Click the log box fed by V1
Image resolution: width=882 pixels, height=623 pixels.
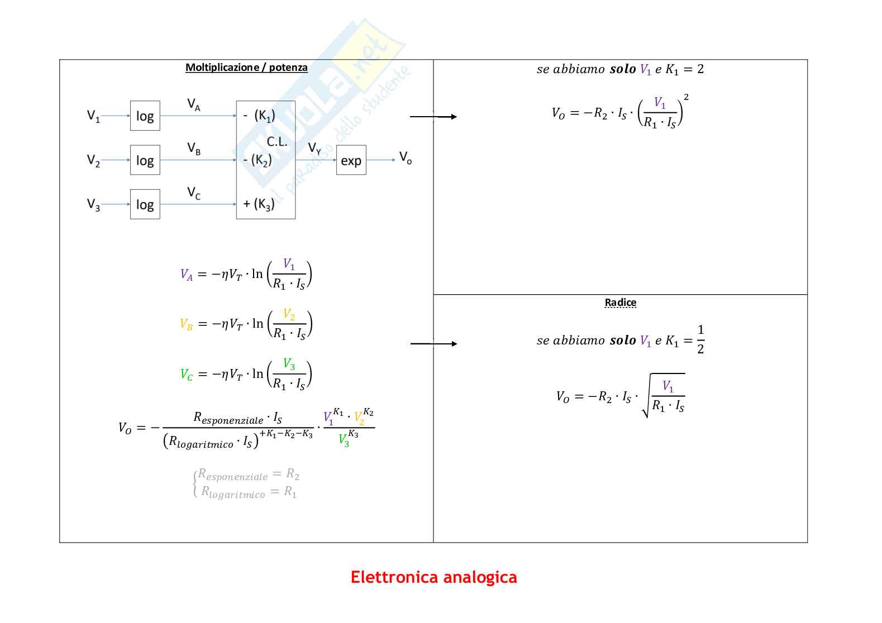coord(145,116)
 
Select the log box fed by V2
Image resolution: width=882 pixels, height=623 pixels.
coord(145,160)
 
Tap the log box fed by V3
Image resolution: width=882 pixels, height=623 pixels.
coord(145,204)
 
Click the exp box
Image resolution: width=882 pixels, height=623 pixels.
coord(351,160)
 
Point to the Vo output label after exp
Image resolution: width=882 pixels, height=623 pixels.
coord(405,157)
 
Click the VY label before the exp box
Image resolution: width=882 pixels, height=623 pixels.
coord(314,148)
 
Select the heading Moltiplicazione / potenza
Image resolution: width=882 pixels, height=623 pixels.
coord(246,68)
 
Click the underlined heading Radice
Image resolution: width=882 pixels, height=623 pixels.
coord(620,303)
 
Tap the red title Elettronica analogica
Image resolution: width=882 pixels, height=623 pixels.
coord(433,577)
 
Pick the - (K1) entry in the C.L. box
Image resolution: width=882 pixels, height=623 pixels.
coord(259,116)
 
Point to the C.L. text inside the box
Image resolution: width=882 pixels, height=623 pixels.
coord(276,142)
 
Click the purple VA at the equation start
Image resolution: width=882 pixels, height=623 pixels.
coord(186,275)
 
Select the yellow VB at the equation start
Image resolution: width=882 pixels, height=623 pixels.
coord(186,324)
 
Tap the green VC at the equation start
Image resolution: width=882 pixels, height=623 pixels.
coord(186,375)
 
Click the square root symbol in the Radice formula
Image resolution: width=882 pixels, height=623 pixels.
coord(647,396)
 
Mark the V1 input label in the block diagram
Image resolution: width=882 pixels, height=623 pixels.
coord(93,116)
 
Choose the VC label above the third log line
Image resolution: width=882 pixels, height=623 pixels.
coord(193,193)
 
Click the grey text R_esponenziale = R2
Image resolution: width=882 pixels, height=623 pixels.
coord(249,475)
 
